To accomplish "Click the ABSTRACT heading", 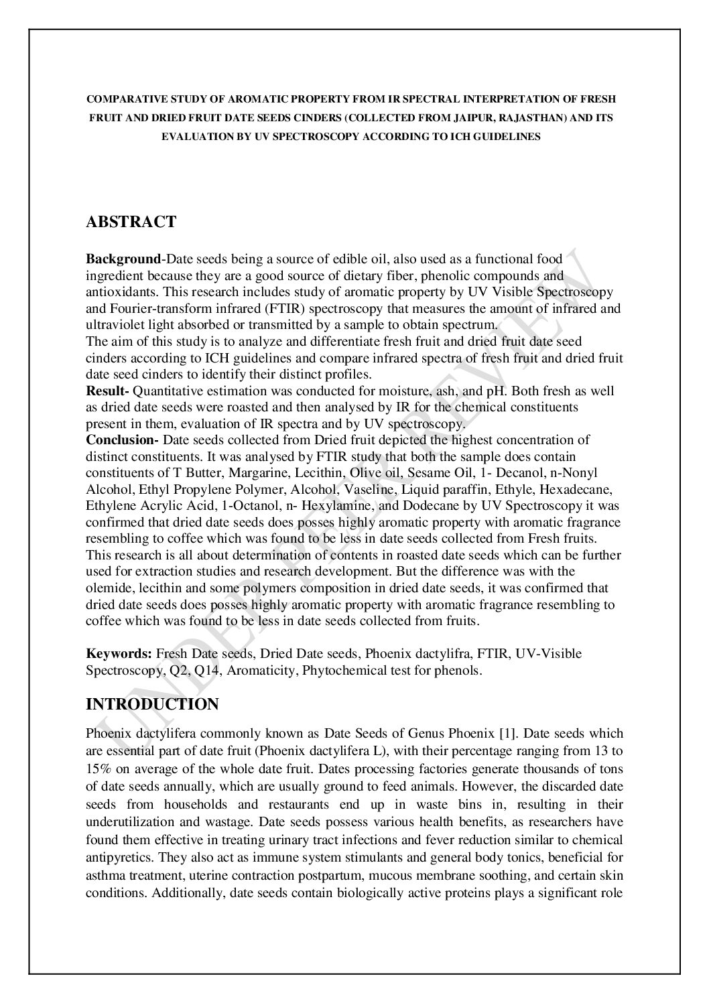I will click(131, 222).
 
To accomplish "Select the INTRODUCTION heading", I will click(152, 705).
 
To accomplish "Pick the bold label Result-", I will click(108, 391).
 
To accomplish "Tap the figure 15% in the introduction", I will click(98, 769).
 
